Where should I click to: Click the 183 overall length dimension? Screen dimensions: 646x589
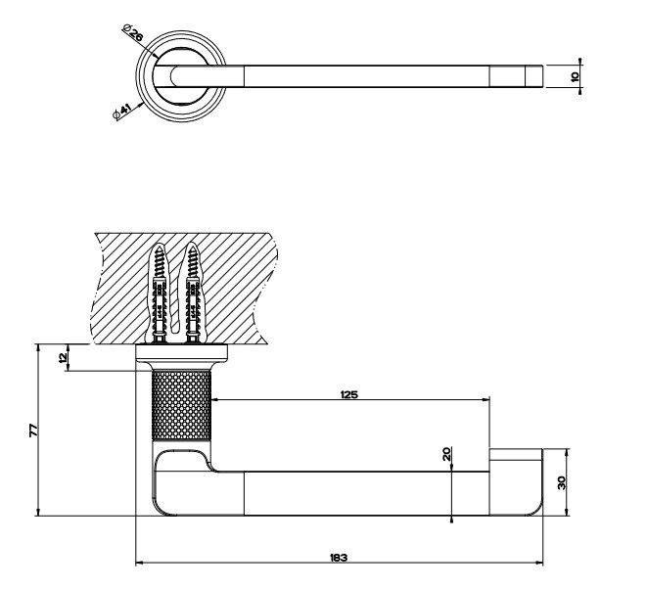coord(339,558)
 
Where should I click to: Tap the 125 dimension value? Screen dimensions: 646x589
coord(349,394)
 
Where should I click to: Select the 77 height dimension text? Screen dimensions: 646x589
coord(34,430)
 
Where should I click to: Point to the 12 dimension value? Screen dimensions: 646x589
coord(63,357)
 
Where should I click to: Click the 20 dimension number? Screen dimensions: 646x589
coord(447,454)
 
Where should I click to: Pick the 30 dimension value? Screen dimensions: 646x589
coord(561,482)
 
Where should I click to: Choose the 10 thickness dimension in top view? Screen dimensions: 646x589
coord(576,76)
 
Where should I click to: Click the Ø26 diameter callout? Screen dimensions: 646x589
coord(133,32)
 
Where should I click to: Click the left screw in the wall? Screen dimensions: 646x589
coord(160,294)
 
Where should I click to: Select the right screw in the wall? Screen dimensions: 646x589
coord(192,294)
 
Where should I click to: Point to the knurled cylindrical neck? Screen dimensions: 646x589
coord(182,405)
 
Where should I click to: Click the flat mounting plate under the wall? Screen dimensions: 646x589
coord(182,352)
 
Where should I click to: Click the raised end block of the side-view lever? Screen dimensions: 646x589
coord(516,482)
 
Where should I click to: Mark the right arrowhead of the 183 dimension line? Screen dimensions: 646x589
coord(539,563)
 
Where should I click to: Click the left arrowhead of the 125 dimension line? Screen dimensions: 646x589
coord(215,399)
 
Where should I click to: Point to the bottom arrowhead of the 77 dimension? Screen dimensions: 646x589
coord(38,512)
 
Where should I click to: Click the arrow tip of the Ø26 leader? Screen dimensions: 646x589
coord(157,58)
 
